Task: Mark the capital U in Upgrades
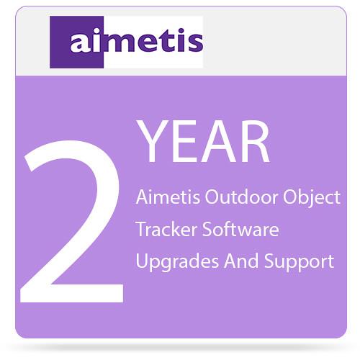pyautogui.click(x=142, y=261)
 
